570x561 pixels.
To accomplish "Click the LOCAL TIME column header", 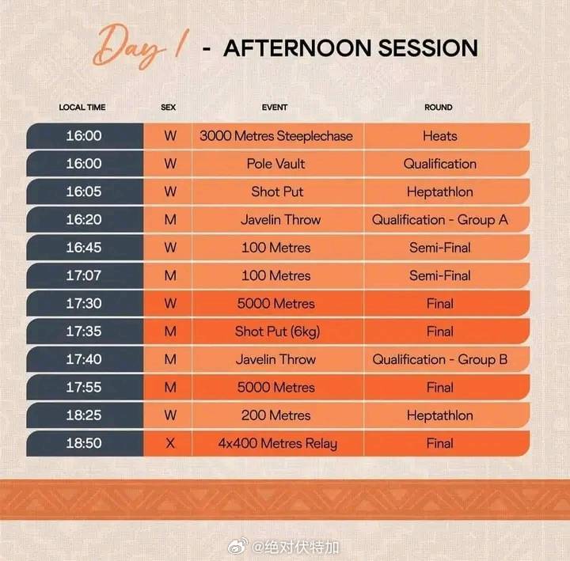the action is [x=82, y=107].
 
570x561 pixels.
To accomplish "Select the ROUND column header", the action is [x=439, y=107].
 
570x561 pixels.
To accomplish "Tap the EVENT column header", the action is [x=275, y=107].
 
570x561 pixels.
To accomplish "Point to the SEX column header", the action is [x=169, y=107].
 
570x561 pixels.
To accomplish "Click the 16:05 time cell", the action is [x=84, y=191].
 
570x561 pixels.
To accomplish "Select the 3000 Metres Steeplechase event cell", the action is [x=276, y=136].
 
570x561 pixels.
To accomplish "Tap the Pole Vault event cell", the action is [x=276, y=164].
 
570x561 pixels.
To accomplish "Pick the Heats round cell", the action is [x=440, y=136].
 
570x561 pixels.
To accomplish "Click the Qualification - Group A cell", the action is [x=440, y=220].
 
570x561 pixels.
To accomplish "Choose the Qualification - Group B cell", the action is [x=440, y=359].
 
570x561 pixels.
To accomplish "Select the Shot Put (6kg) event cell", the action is [x=277, y=332].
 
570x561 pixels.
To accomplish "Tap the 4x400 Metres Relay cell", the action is [x=278, y=443].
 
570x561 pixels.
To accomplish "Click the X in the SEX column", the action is [x=170, y=443].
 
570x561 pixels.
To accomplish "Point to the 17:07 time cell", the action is [x=84, y=275].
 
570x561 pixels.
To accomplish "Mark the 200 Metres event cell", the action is [x=276, y=415].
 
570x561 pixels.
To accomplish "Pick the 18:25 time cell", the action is [x=84, y=415].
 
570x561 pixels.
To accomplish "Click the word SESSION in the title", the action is [x=427, y=48].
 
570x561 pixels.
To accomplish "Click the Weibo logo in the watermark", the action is [x=237, y=546].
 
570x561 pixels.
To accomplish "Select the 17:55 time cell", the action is [x=84, y=388].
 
